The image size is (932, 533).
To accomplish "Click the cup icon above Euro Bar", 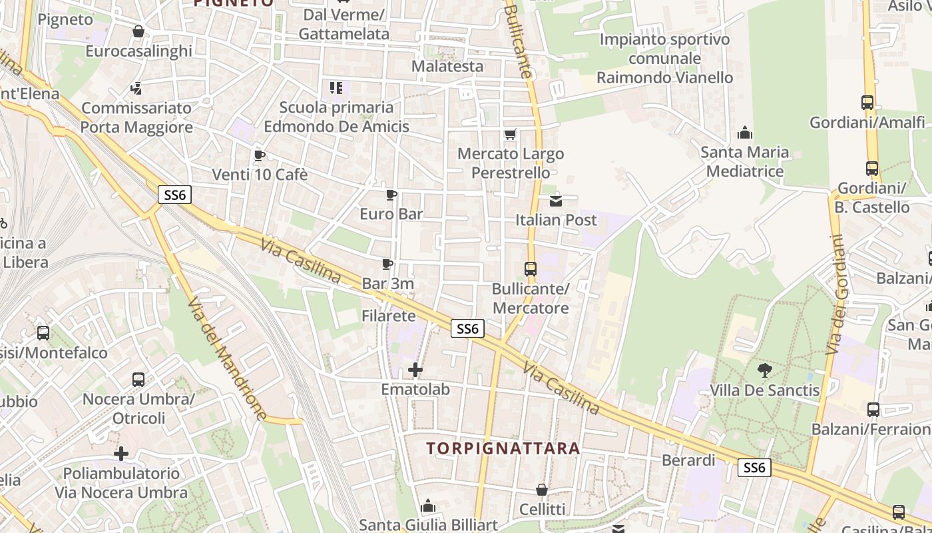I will (391, 195).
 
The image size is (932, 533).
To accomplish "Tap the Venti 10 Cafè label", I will (260, 175).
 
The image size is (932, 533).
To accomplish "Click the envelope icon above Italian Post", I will (556, 201).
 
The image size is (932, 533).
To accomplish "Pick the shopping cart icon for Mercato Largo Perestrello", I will (511, 135).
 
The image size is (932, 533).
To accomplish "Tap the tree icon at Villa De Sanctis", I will (764, 370).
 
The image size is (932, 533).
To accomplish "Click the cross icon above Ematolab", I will (415, 370).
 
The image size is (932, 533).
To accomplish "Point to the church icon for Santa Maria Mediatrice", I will (745, 133).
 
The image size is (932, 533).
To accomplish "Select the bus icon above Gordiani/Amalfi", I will (867, 103).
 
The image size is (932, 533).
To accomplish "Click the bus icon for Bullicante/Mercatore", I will (531, 269).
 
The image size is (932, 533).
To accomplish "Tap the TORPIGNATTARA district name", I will (503, 448).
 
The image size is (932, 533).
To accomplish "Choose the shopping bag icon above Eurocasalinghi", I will (138, 31).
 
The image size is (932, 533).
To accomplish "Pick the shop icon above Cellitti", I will (542, 490).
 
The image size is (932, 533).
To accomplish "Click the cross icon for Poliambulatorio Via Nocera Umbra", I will (121, 454).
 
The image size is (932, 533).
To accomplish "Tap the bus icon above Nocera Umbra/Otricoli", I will (138, 380).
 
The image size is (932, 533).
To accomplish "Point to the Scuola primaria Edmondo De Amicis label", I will (336, 117).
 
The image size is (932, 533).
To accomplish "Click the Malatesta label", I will (447, 66).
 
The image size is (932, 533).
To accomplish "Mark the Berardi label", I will (688, 460).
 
